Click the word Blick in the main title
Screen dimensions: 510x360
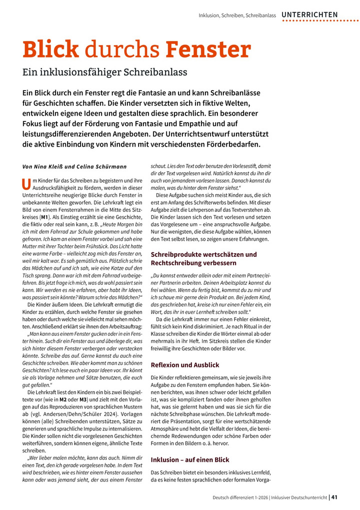tap(50, 50)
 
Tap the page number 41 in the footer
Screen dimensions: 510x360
tap(334, 497)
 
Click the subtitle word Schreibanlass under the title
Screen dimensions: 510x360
tap(157, 72)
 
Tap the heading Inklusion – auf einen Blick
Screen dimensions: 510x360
tap(190, 459)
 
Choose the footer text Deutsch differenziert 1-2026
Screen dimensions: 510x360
tap(242, 497)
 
